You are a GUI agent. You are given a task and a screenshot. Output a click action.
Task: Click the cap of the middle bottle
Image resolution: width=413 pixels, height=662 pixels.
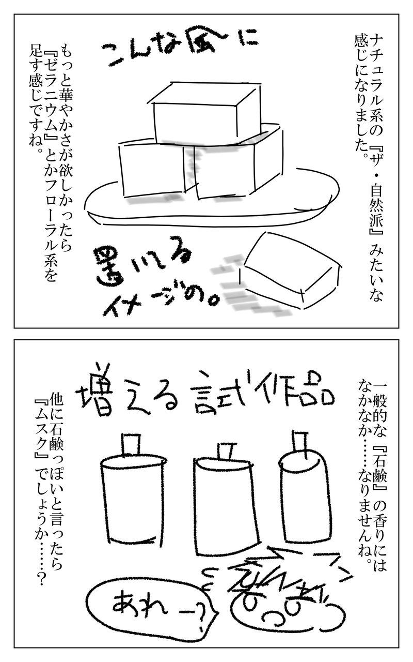(226, 450)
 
